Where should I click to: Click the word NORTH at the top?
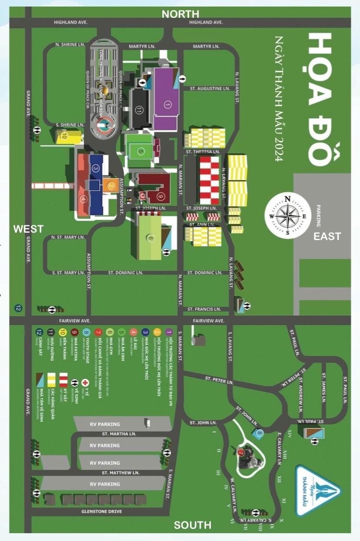pyautogui.click(x=180, y=14)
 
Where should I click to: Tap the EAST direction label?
pyautogui.click(x=327, y=237)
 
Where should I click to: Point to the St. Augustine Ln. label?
pyautogui.click(x=210, y=89)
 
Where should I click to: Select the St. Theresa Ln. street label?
pyautogui.click(x=201, y=152)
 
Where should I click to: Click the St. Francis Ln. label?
pyautogui.click(x=204, y=309)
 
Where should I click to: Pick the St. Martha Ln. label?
pyautogui.click(x=119, y=434)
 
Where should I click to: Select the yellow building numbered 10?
pyautogui.click(x=67, y=137)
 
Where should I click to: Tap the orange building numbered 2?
pyautogui.click(x=111, y=186)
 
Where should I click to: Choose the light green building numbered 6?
pyautogui.click(x=150, y=237)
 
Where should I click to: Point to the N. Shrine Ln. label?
pyautogui.click(x=69, y=44)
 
